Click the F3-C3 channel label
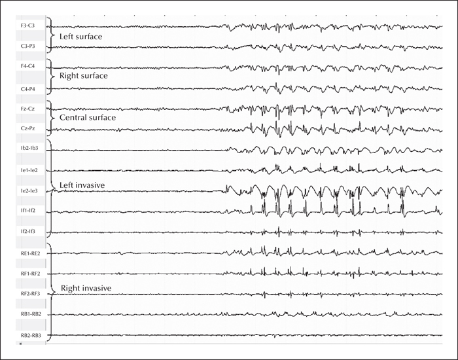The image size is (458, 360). pos(27,26)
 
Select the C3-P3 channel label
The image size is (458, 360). pos(27,46)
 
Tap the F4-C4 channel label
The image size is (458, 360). pos(27,66)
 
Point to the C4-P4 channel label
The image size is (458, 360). pos(27,89)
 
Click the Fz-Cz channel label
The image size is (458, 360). pos(27,109)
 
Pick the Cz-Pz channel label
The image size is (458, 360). pos(27,128)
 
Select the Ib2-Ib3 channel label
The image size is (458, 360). pos(29,148)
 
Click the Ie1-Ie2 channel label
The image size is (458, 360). pos(29,170)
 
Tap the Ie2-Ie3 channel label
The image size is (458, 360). pos(29,191)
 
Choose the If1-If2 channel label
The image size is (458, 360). pos(28,210)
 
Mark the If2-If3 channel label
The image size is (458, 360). pos(28,232)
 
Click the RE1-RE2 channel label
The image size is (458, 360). pos(30,254)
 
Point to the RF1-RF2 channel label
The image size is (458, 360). pos(30,274)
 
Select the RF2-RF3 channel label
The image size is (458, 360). pos(30,294)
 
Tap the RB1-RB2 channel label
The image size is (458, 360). pos(31,314)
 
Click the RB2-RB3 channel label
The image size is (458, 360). pos(31,335)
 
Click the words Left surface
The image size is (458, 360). pos(81,37)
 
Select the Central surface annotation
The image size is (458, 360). pos(88,117)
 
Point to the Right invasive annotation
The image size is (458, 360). pos(86,288)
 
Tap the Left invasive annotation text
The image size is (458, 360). pos(82,185)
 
